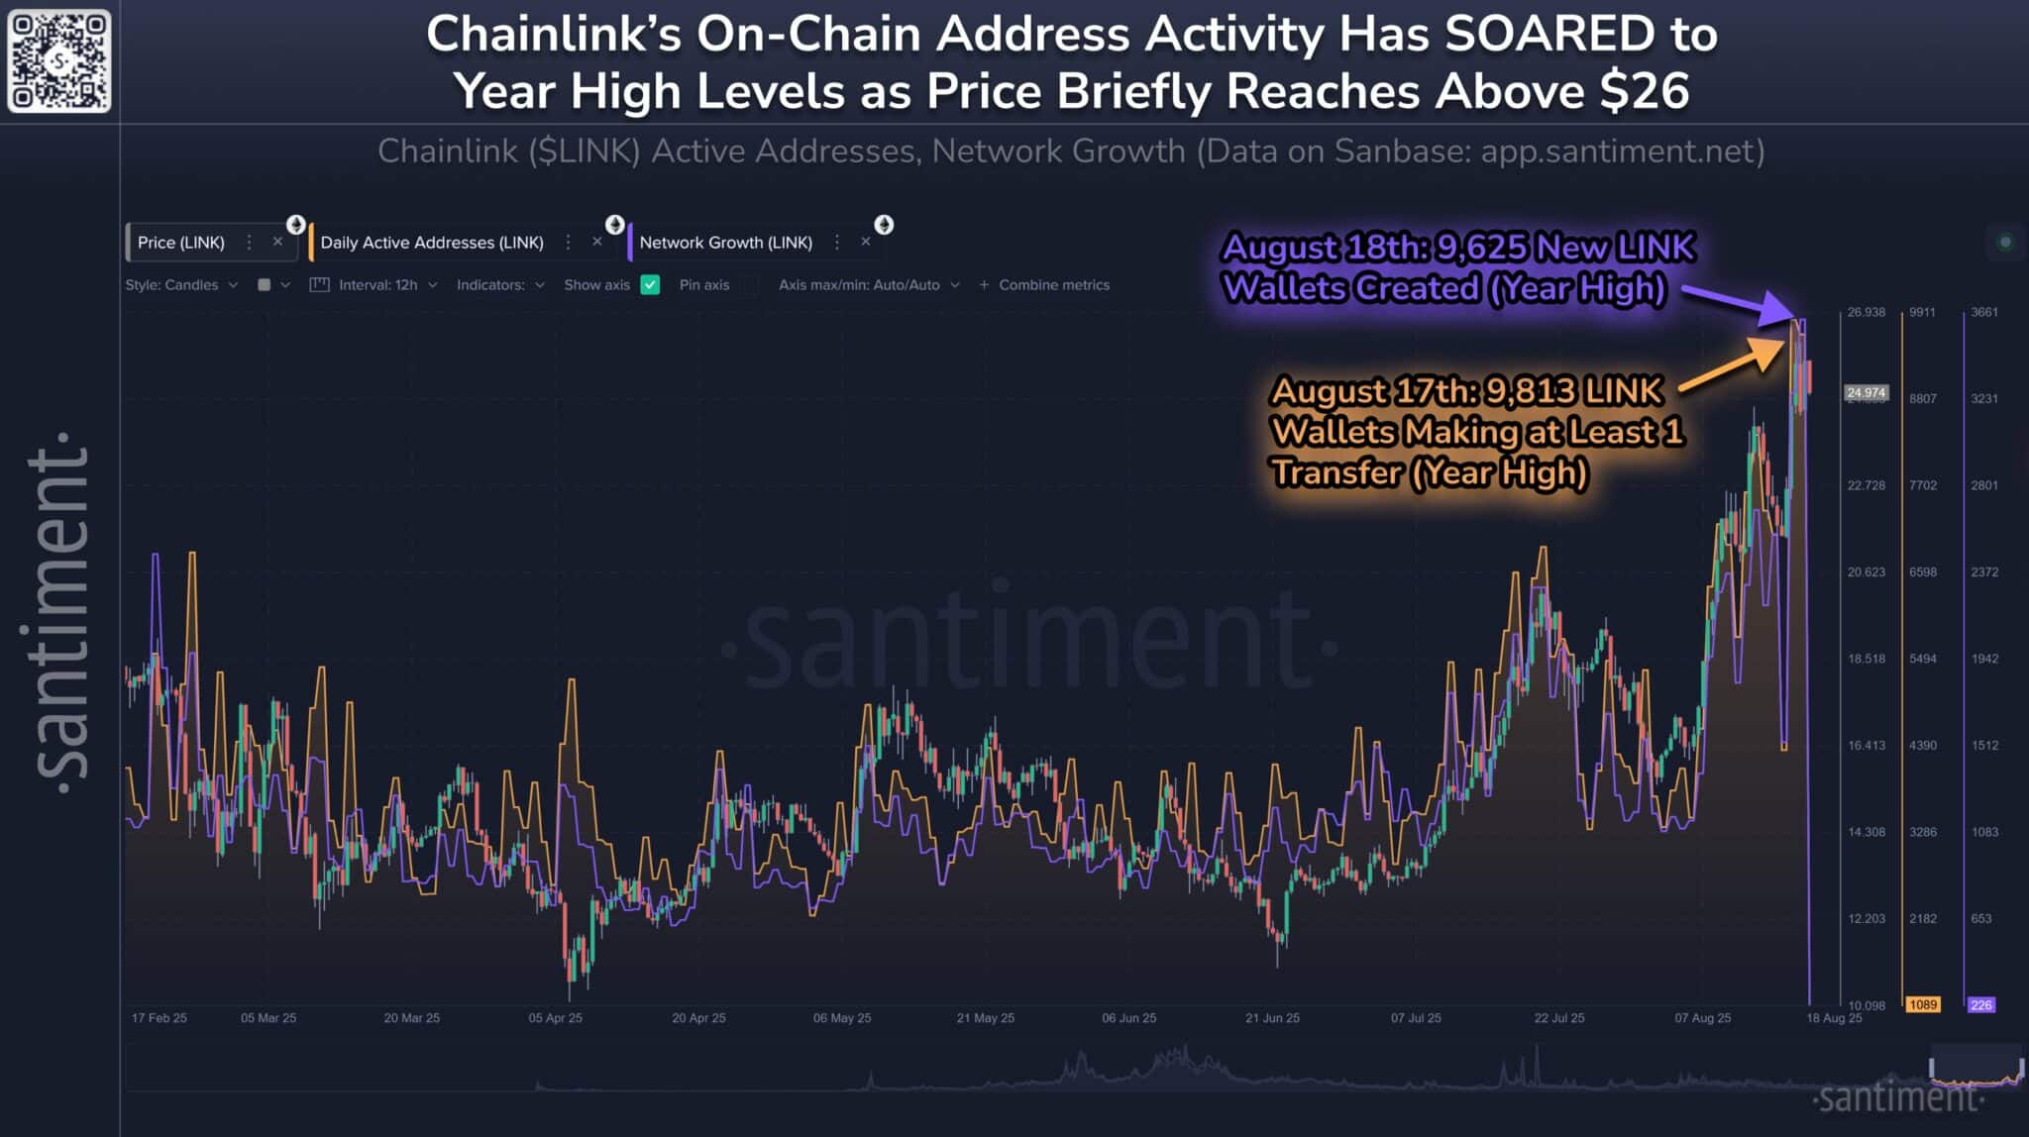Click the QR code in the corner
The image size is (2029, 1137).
tap(59, 61)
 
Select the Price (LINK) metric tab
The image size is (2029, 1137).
tap(181, 243)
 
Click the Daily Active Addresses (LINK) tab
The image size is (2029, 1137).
tap(432, 243)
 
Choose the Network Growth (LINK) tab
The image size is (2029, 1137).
tap(725, 243)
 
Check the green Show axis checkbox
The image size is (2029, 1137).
tap(650, 285)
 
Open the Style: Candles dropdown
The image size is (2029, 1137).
tap(181, 285)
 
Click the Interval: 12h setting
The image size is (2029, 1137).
tap(376, 285)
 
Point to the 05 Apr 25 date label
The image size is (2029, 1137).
tap(555, 1018)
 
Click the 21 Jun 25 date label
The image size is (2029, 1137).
tap(1272, 1018)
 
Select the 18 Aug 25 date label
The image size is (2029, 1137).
tap(1834, 1018)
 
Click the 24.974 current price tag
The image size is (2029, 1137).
tap(1866, 393)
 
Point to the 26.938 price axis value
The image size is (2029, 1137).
tap(1866, 312)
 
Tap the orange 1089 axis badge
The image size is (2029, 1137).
tap(1923, 1004)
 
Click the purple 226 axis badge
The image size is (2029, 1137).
tap(1980, 1004)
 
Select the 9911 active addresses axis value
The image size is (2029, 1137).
tap(1922, 312)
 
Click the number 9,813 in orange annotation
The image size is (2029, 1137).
tap(1530, 391)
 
